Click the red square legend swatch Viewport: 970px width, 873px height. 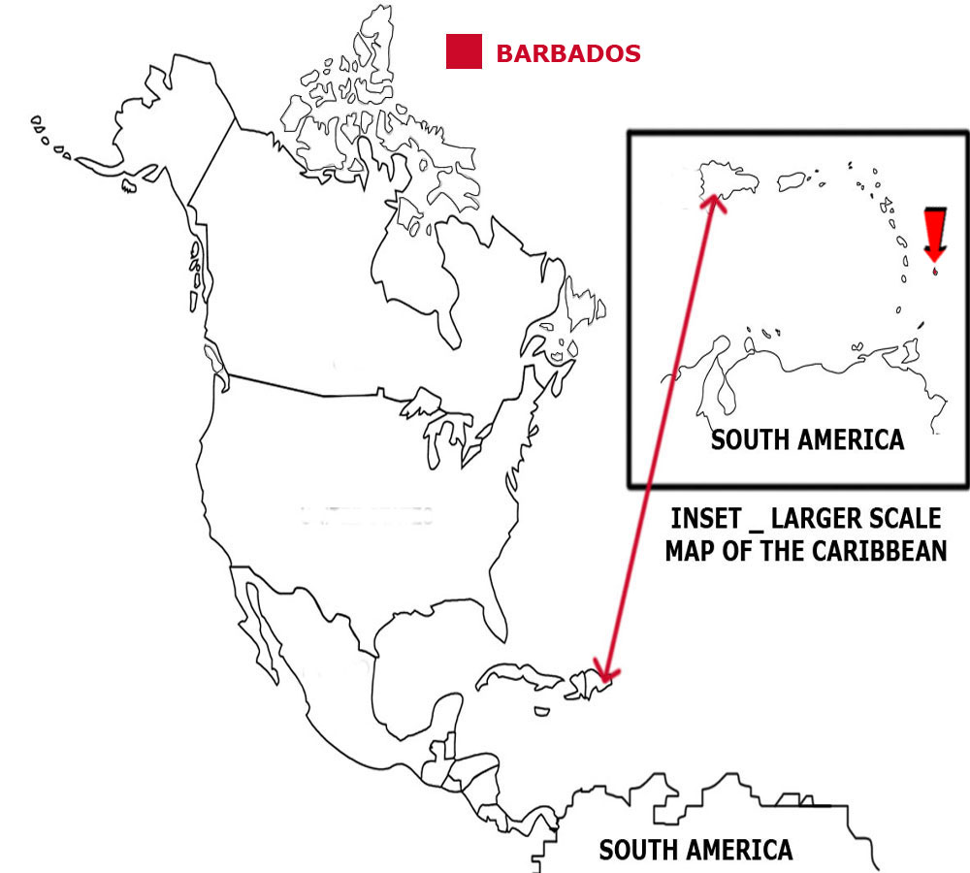pyautogui.click(x=464, y=51)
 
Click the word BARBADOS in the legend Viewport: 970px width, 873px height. pyautogui.click(x=567, y=53)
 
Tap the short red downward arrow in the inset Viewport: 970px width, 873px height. pyautogui.click(x=934, y=234)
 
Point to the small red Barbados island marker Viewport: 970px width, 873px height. pyautogui.click(x=934, y=273)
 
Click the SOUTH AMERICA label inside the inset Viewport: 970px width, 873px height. pyautogui.click(x=807, y=439)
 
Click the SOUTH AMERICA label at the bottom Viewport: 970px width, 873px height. pyautogui.click(x=695, y=851)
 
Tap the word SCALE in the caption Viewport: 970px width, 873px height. pyautogui.click(x=901, y=517)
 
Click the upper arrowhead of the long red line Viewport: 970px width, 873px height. pyautogui.click(x=715, y=201)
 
